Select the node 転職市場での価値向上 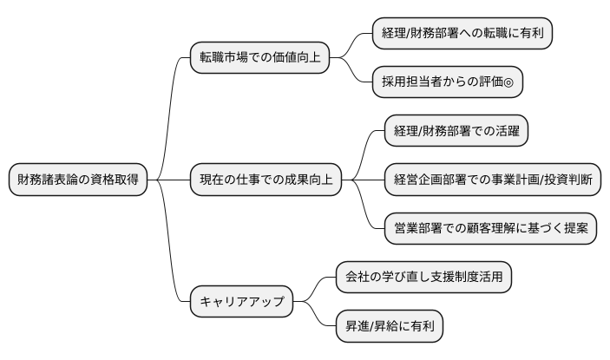(x=259, y=58)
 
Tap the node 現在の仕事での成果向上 (x=266, y=180)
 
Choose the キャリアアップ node (x=240, y=303)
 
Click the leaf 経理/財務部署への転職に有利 (x=463, y=33)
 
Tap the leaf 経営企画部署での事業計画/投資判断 (x=492, y=180)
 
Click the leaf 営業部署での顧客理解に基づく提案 (x=490, y=229)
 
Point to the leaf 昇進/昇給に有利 (x=390, y=327)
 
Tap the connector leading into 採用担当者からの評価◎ (x=357, y=74)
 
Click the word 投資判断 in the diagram (x=567, y=180)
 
